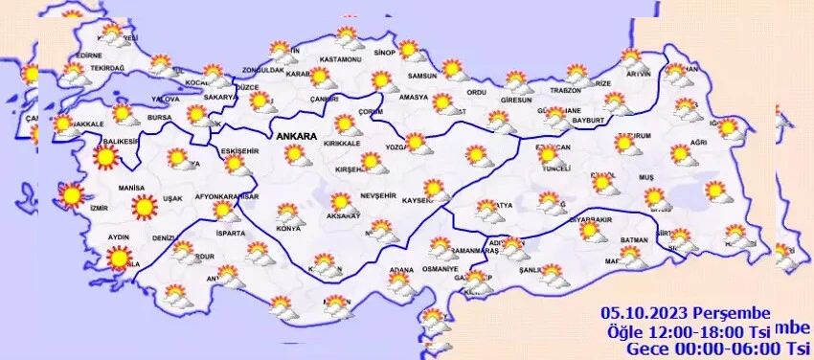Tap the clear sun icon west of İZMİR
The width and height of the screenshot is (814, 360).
click(x=71, y=195)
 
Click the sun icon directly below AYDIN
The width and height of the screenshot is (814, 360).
click(x=119, y=257)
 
